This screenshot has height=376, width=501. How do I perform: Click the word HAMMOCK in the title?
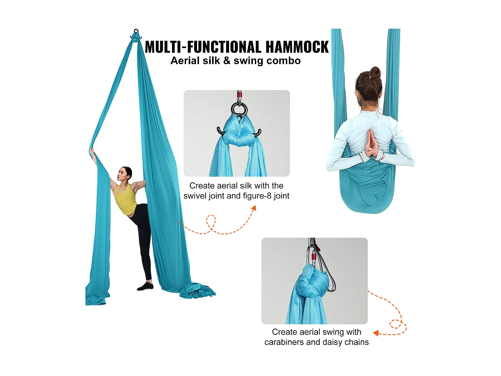(x=297, y=47)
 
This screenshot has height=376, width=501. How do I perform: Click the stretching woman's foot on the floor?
(x=145, y=286)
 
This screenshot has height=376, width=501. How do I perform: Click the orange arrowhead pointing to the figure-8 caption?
(x=254, y=208)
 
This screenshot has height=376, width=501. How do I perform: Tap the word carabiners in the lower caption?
(x=284, y=342)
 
